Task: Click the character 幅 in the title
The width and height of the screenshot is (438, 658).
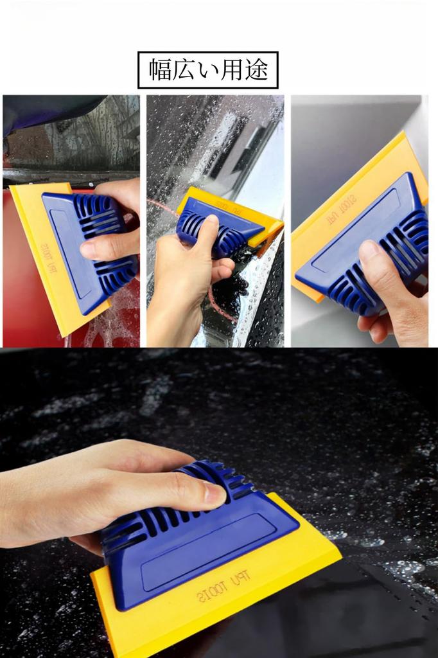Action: coord(161,70)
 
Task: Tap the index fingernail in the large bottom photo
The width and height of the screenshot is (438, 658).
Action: coord(214,493)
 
